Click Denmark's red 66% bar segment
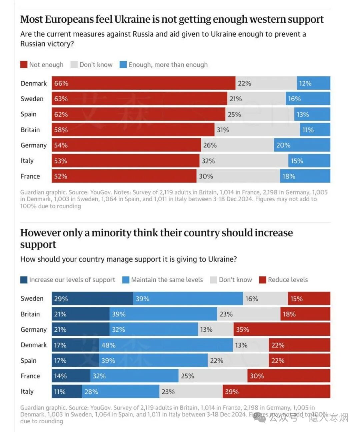pyautogui.click(x=143, y=83)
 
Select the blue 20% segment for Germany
pyautogui.click(x=302, y=145)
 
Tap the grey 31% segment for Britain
pyautogui.click(x=257, y=130)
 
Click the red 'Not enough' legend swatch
pyautogui.click(x=24, y=65)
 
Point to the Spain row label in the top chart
pyautogui.click(x=28, y=114)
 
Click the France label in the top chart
pyautogui.click(x=30, y=176)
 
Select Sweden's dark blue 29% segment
pyautogui.click(x=92, y=299)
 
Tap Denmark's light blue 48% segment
pyautogui.click(x=166, y=345)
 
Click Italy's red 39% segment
pyautogui.click(x=276, y=392)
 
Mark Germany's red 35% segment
pyautogui.click(x=282, y=329)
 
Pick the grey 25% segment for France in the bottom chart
pyautogui.click(x=213, y=376)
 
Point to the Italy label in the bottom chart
pyautogui.click(x=27, y=391)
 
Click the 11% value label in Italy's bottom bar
pyautogui.click(x=60, y=392)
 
